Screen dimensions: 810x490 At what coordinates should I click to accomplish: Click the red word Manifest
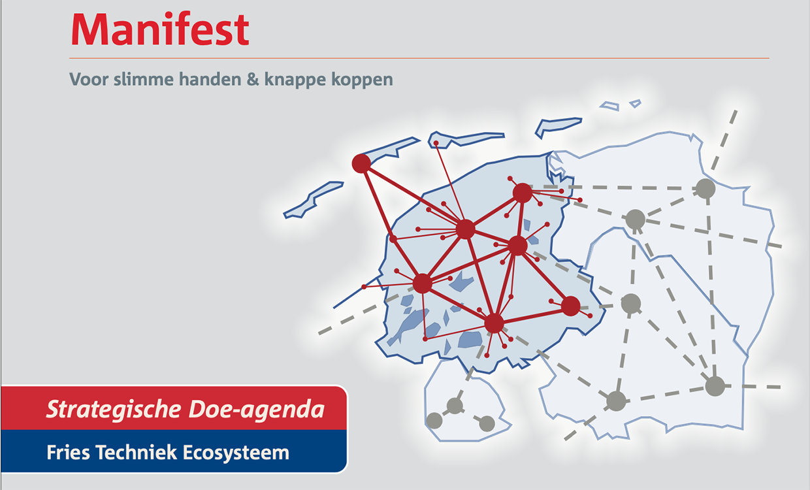[160, 29]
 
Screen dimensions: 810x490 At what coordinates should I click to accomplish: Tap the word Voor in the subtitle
[89, 79]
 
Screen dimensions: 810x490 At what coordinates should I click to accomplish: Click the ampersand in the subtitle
[253, 79]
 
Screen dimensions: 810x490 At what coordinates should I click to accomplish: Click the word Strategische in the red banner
[114, 410]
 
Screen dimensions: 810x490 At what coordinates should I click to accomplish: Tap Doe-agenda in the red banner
[256, 410]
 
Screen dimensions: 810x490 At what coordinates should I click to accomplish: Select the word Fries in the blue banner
[68, 452]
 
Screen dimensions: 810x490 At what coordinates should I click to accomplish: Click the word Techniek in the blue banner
[136, 452]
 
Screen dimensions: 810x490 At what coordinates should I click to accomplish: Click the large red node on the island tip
[361, 163]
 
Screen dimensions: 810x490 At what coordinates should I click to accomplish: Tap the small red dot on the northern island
[436, 144]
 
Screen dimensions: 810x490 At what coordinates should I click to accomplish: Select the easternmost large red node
[571, 306]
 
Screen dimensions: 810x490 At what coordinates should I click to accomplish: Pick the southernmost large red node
[494, 323]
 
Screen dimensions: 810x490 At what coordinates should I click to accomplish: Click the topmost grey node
[705, 188]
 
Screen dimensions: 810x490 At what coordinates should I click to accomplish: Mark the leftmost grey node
[434, 421]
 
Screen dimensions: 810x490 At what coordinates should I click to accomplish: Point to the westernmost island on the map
[313, 200]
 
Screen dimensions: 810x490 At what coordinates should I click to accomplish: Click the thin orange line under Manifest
[419, 58]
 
